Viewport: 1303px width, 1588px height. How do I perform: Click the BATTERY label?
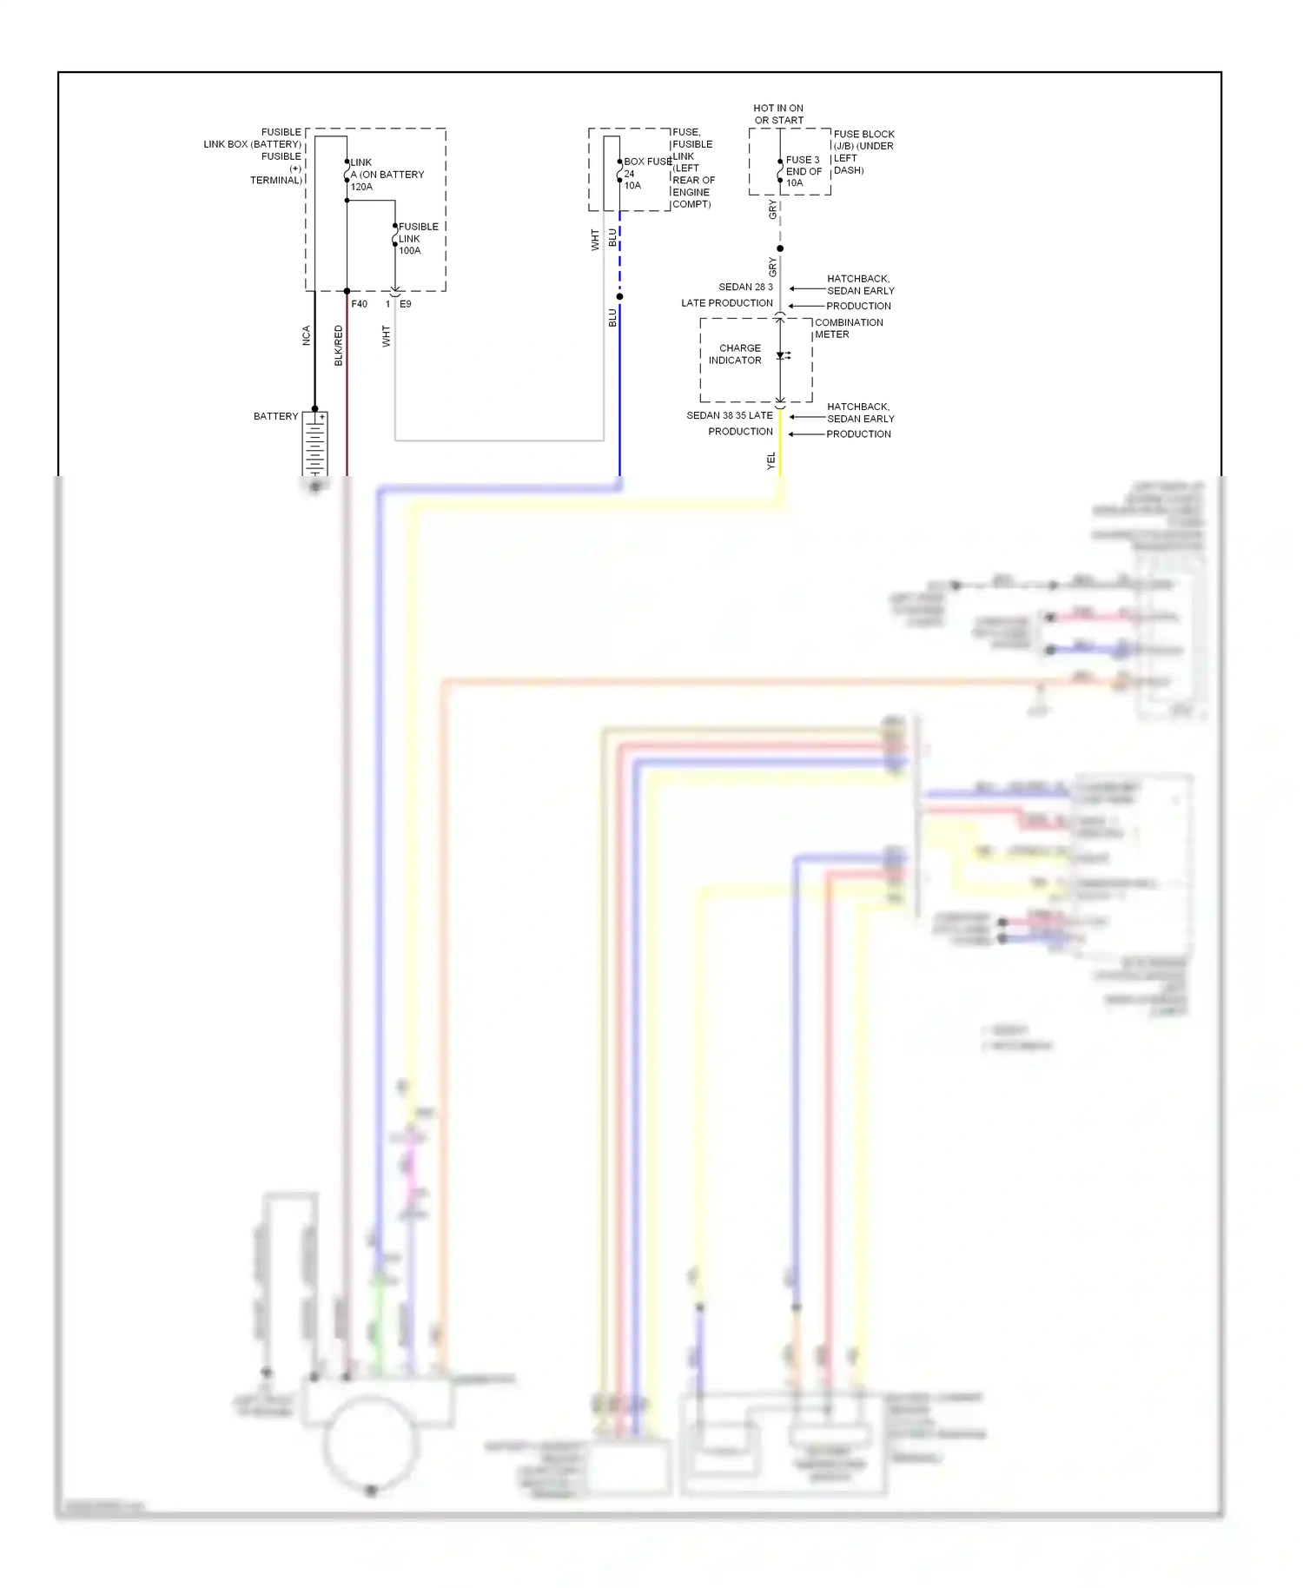pos(275,416)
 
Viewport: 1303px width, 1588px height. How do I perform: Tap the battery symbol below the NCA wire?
pos(314,445)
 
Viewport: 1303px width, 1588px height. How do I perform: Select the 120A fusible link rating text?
pos(361,187)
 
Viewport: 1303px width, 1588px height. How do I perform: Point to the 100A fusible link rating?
pos(409,251)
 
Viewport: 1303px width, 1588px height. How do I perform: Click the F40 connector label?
pos(359,304)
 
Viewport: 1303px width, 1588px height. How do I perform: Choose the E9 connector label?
pos(406,304)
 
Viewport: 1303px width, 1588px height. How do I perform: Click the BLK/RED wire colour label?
pos(339,345)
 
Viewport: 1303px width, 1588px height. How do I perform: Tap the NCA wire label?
pos(306,335)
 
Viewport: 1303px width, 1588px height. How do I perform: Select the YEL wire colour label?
pos(771,461)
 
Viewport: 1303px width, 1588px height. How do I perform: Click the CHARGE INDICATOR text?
pos(736,354)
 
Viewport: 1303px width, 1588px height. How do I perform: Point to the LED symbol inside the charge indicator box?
pos(782,355)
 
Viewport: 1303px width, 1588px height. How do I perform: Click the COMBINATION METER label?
pos(848,328)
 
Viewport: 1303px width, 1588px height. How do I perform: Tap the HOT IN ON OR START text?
pos(778,114)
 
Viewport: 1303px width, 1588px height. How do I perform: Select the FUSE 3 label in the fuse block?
pos(803,160)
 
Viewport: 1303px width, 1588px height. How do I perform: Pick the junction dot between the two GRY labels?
pos(780,248)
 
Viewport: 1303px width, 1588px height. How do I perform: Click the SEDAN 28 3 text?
pos(745,287)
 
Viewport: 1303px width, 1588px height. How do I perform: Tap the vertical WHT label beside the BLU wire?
pos(595,240)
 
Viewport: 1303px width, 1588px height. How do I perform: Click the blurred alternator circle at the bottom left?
pos(371,1443)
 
